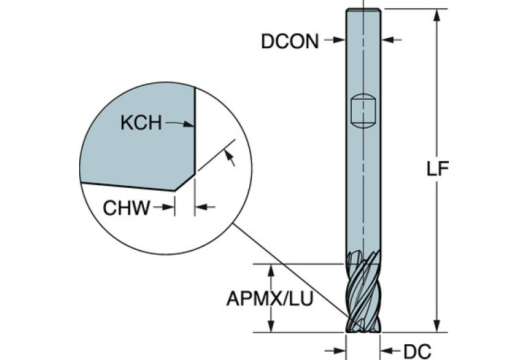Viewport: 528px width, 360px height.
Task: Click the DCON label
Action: click(x=290, y=41)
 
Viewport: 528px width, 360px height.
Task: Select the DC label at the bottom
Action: click(x=416, y=352)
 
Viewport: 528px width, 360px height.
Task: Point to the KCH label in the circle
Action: click(x=140, y=124)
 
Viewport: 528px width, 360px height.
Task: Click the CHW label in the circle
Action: click(x=127, y=207)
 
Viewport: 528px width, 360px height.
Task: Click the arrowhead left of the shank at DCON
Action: click(x=339, y=41)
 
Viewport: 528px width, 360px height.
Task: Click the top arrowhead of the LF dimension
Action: click(x=436, y=14)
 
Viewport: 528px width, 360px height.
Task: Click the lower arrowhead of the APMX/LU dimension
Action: click(x=273, y=327)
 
